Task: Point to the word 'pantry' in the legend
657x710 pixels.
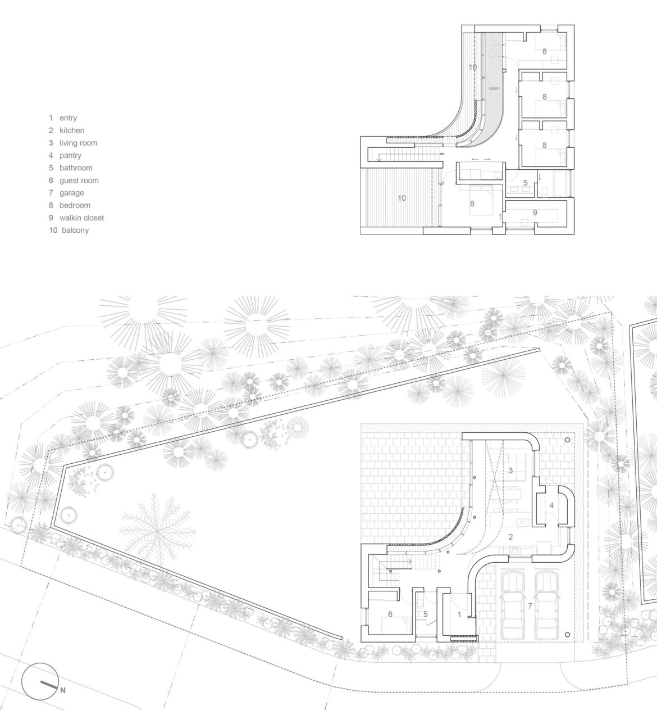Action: [x=70, y=155]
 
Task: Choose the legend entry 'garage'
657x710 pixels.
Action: [x=71, y=193]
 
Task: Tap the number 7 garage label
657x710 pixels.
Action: [x=530, y=606]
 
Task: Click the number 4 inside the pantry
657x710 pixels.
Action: [x=551, y=506]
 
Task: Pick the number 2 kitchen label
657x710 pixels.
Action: [x=510, y=537]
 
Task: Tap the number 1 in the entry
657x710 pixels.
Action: [x=459, y=614]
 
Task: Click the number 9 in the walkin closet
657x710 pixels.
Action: [x=535, y=212]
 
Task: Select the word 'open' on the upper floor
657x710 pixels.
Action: [x=494, y=88]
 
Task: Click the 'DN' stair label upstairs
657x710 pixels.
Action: [x=442, y=153]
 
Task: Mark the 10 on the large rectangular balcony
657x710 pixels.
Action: [x=401, y=198]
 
